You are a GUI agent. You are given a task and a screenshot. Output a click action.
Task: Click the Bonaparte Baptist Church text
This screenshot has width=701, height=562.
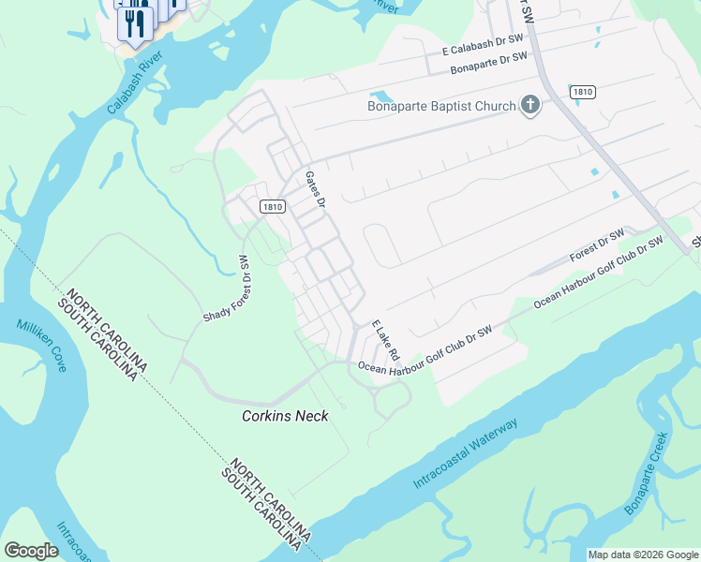click(x=440, y=106)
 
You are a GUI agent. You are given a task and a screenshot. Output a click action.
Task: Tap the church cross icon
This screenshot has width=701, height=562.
click(x=530, y=105)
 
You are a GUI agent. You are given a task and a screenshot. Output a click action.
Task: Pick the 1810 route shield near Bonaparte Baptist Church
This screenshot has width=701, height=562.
click(x=581, y=92)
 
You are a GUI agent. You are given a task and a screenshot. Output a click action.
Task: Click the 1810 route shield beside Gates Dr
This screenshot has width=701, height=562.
click(x=272, y=207)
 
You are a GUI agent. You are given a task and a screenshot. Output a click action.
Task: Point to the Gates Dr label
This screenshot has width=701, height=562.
click(x=315, y=189)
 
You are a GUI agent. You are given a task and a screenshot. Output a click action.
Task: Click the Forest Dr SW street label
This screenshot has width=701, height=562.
click(x=597, y=245)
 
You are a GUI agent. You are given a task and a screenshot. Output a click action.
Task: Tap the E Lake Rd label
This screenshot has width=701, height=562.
click(x=385, y=340)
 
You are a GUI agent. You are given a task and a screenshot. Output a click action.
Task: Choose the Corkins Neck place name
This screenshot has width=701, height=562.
click(x=285, y=416)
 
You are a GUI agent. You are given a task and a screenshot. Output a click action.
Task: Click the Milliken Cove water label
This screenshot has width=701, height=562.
click(x=41, y=345)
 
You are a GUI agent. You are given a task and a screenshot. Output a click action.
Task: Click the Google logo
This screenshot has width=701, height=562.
click(x=31, y=550)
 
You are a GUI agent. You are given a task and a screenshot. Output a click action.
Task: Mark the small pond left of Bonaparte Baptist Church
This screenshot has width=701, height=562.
click(x=381, y=96)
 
